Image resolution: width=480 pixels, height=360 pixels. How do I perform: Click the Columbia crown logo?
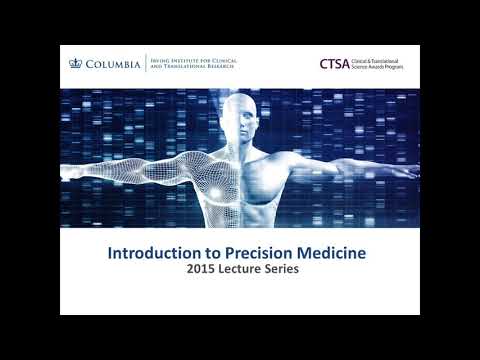(x=72, y=63)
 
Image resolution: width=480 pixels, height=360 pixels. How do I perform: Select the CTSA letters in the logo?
(x=333, y=63)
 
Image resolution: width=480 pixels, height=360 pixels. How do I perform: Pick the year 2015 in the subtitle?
(x=189, y=271)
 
